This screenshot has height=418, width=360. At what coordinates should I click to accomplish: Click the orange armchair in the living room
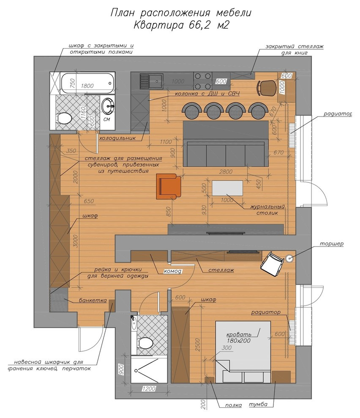pos(169,186)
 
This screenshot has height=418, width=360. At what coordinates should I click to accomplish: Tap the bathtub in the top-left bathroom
pos(88,83)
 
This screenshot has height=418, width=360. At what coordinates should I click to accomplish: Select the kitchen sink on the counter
pos(152,81)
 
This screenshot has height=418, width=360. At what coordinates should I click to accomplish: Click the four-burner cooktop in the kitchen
pos(203,81)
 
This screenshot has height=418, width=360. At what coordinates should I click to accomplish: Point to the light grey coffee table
pos(227,188)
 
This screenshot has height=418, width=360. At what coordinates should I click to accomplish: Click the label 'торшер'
pos(331,243)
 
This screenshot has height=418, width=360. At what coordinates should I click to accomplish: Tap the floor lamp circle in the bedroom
pos(289,258)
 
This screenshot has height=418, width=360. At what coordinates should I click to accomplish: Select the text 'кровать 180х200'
pos(239,337)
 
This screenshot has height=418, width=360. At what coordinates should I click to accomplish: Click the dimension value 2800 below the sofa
pos(226,172)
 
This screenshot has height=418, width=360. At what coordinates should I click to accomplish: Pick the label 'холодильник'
pos(117,138)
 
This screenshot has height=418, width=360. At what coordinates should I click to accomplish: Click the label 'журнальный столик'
pos(267,210)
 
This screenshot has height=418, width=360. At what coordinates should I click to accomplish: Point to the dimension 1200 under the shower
pos(149,389)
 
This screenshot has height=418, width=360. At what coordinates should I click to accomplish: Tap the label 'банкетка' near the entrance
pos(93,301)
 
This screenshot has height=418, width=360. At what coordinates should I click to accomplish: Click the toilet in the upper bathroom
pos(63,118)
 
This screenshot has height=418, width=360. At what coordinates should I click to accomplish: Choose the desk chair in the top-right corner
pos(266,88)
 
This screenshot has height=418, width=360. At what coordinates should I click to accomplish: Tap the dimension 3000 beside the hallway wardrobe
pos(76,241)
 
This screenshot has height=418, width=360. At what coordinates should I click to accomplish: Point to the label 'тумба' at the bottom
pos(258,404)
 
